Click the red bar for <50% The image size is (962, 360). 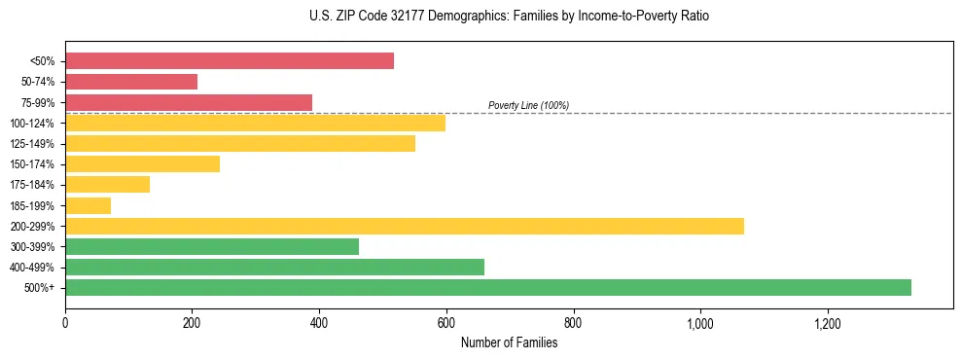tap(230, 61)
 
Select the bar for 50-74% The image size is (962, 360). tap(131, 82)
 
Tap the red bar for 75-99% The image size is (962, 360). tap(189, 102)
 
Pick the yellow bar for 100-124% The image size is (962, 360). tap(255, 123)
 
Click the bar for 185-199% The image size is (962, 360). tap(88, 205)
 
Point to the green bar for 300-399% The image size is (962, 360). tap(212, 246)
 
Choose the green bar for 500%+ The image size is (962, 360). tap(488, 287)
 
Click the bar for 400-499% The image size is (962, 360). tap(274, 267)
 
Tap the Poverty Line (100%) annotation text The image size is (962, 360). tap(528, 105)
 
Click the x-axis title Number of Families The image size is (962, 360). tap(509, 342)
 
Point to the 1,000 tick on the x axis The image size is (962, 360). tap(700, 323)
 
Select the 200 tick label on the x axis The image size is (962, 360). tap(192, 323)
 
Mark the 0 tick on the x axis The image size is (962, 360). tap(65, 323)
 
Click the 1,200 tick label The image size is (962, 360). tap(828, 323)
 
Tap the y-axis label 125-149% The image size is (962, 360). tap(32, 144)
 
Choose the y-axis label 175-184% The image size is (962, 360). tap(32, 185)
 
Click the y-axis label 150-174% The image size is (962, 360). tap(32, 164)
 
